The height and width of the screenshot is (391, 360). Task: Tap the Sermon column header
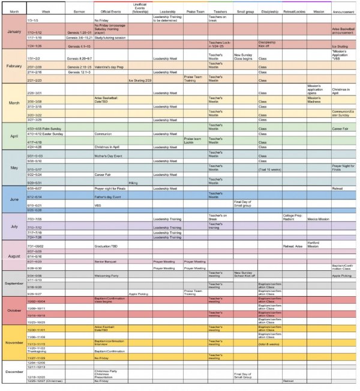(x=79, y=11)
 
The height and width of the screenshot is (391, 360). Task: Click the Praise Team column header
(x=195, y=11)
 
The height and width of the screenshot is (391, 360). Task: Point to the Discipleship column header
(x=269, y=11)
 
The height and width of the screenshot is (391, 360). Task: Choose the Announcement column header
(x=344, y=11)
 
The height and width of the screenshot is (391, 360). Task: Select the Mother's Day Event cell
(x=109, y=156)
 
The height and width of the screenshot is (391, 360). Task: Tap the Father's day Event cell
(x=107, y=197)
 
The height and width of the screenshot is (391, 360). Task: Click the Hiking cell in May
(x=133, y=183)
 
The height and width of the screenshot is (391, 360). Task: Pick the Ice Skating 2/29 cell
(x=139, y=80)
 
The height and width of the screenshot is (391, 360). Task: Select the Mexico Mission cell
(x=318, y=219)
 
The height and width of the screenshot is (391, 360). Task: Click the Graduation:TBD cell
(x=108, y=246)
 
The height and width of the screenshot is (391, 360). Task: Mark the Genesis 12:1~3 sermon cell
(x=79, y=72)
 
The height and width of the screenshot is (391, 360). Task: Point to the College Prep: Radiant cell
(x=293, y=217)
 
